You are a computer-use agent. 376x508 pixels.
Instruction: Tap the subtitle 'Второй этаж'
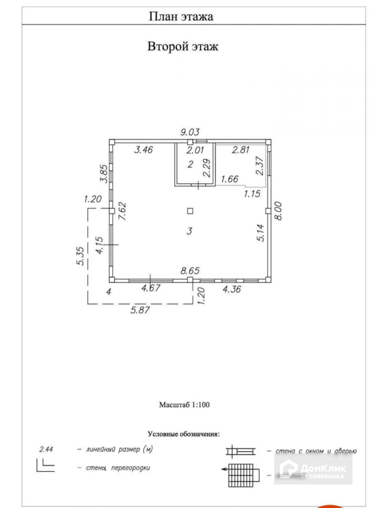pyautogui.click(x=183, y=47)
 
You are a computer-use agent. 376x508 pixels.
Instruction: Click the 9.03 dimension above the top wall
pyautogui.click(x=190, y=132)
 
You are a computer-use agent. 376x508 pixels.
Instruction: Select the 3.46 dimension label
pyautogui.click(x=143, y=150)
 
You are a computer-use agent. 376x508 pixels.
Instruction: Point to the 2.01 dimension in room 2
pyautogui.click(x=195, y=150)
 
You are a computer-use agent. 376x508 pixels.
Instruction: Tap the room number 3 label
pyautogui.click(x=189, y=231)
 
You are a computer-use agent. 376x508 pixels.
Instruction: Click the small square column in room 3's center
pyautogui.click(x=190, y=211)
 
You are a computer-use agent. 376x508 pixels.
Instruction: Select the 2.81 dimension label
pyautogui.click(x=240, y=150)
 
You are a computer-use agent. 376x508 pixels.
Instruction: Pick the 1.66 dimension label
pyautogui.click(x=230, y=179)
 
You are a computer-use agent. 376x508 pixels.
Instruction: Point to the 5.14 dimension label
pyautogui.click(x=261, y=233)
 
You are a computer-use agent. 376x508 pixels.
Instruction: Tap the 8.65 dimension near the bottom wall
pyautogui.click(x=190, y=271)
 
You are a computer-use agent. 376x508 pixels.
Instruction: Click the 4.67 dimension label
pyautogui.click(x=151, y=288)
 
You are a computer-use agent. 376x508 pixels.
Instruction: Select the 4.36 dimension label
pyautogui.click(x=232, y=289)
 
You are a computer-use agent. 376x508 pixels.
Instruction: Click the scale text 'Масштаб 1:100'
pyautogui.click(x=184, y=405)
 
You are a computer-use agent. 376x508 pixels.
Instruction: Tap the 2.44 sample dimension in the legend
pyautogui.click(x=46, y=449)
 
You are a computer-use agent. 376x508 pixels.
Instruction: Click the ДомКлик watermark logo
pyautogui.click(x=313, y=469)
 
